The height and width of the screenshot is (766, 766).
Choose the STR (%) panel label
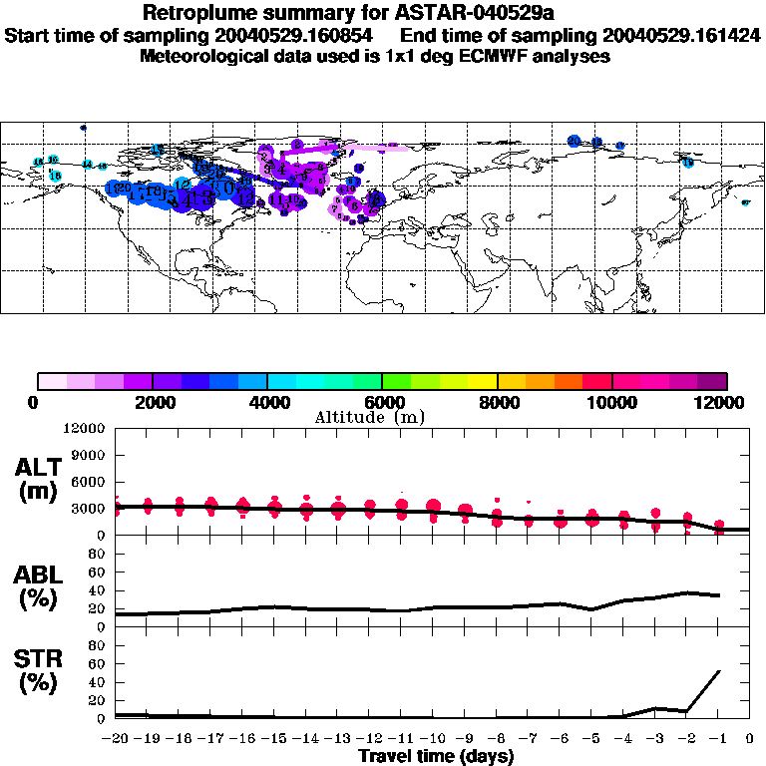[37, 671]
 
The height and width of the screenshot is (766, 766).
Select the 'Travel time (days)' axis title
[436, 756]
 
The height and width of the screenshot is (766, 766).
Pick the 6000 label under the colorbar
[380, 402]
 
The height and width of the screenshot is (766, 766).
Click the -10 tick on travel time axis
[433, 738]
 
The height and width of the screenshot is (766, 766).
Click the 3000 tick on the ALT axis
[90, 508]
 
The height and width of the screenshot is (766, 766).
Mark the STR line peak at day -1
[718, 671]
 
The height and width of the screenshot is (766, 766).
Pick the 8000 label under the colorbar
[496, 402]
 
